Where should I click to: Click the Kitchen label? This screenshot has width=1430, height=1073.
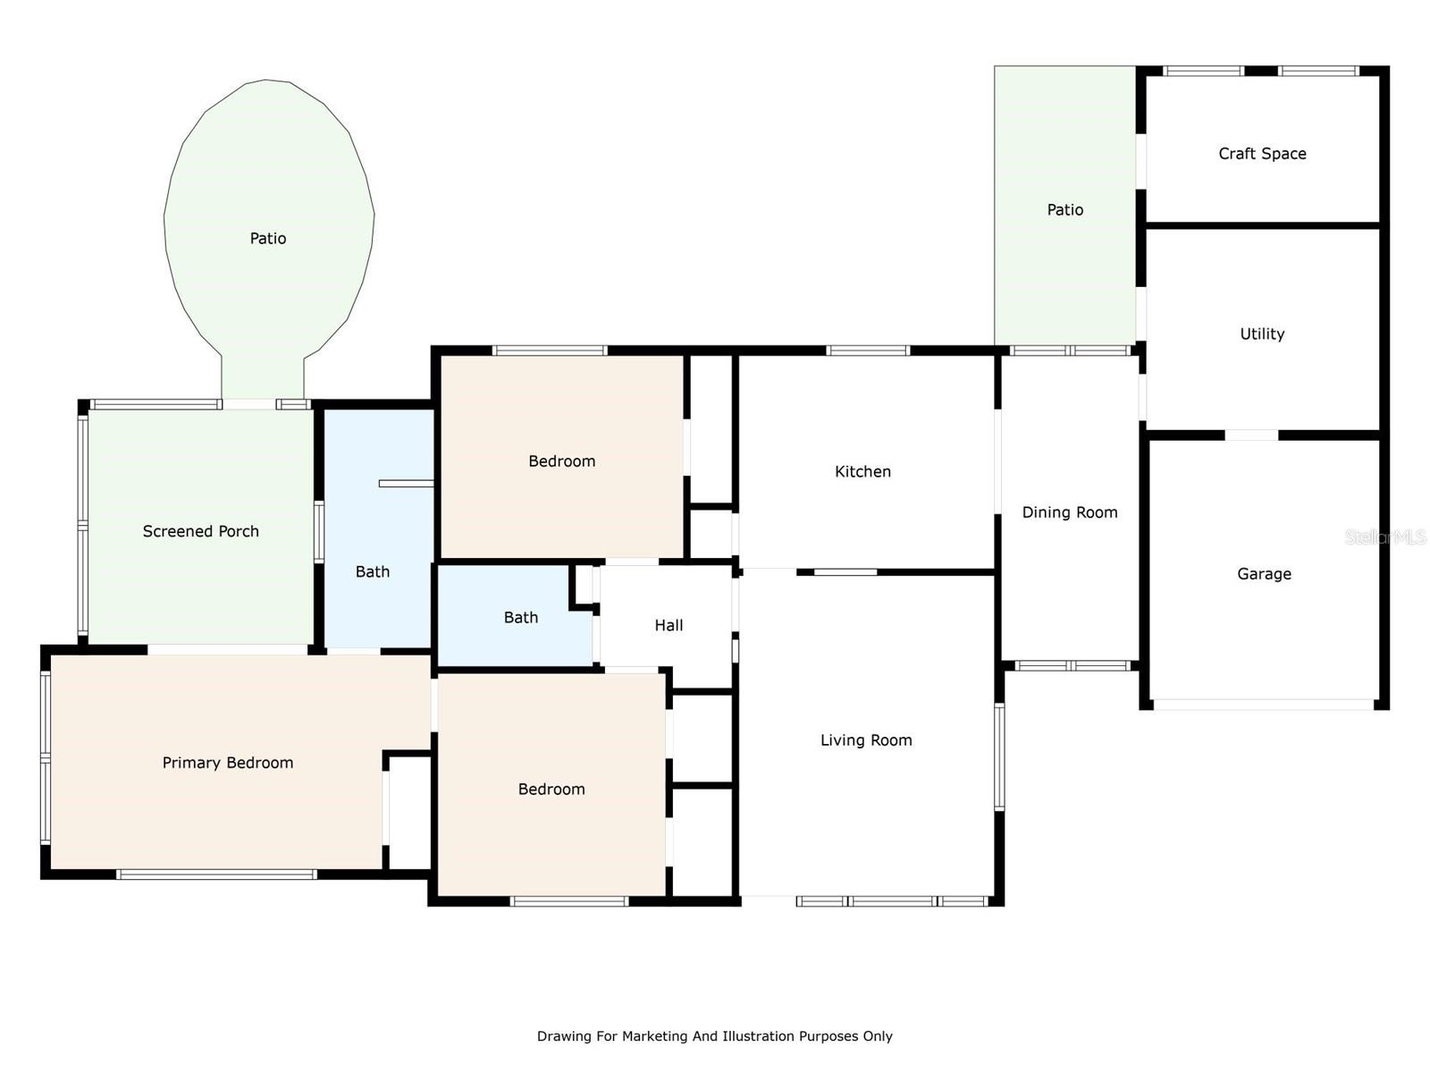[862, 471]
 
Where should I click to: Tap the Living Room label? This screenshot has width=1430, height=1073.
[866, 740]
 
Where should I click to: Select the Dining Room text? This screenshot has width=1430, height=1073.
[1070, 512]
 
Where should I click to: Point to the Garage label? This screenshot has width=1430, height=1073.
[1264, 574]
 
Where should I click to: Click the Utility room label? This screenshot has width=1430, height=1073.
[1262, 334]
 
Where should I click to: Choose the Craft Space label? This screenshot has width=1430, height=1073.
[1262, 154]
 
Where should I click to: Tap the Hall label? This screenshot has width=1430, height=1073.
[669, 625]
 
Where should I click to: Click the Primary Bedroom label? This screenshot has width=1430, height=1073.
[227, 763]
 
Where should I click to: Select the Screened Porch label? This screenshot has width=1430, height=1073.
[201, 532]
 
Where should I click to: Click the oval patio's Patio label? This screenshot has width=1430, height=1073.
[268, 239]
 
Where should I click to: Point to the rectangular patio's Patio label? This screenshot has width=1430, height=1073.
[1065, 210]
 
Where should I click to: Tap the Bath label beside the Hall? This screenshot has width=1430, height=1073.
[520, 618]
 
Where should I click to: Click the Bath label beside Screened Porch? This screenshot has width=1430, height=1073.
[372, 572]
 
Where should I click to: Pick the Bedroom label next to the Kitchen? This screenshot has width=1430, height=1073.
[561, 461]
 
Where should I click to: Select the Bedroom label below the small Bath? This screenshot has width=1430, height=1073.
[551, 790]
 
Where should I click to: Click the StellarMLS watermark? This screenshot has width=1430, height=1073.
[1385, 537]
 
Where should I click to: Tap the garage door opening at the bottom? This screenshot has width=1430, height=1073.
[1263, 705]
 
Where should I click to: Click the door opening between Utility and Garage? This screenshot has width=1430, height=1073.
[1251, 435]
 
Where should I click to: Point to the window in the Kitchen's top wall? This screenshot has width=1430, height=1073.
[868, 351]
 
